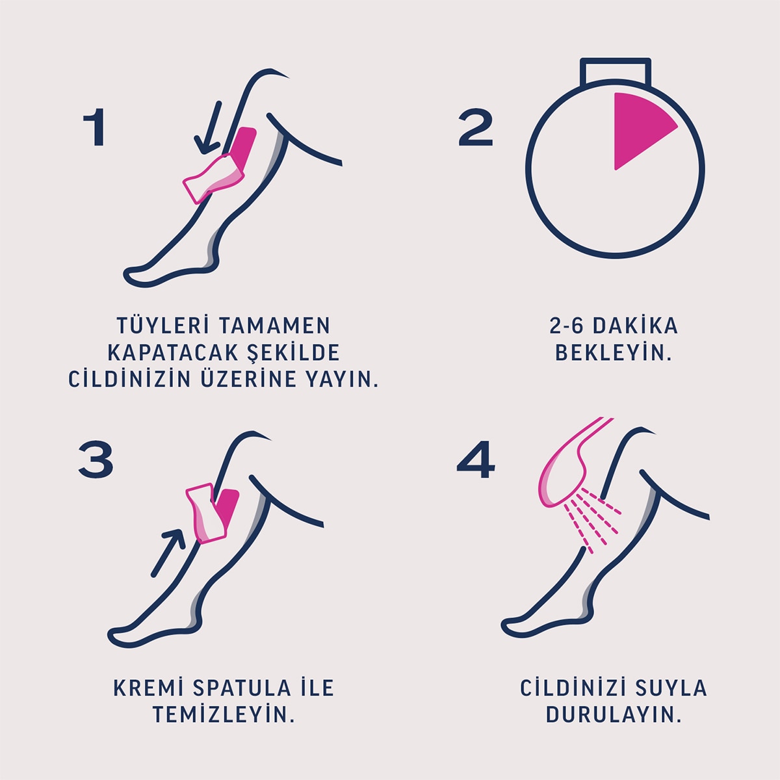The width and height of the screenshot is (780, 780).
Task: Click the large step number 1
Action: coord(96,127)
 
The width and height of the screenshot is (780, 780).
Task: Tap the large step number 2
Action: coord(476,127)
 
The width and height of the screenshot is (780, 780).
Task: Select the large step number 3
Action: coord(96,460)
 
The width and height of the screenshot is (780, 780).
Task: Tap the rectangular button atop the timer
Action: coord(616,71)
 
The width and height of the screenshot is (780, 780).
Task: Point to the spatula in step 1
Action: coord(213,177)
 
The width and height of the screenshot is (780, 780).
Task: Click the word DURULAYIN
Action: coord(613,715)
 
